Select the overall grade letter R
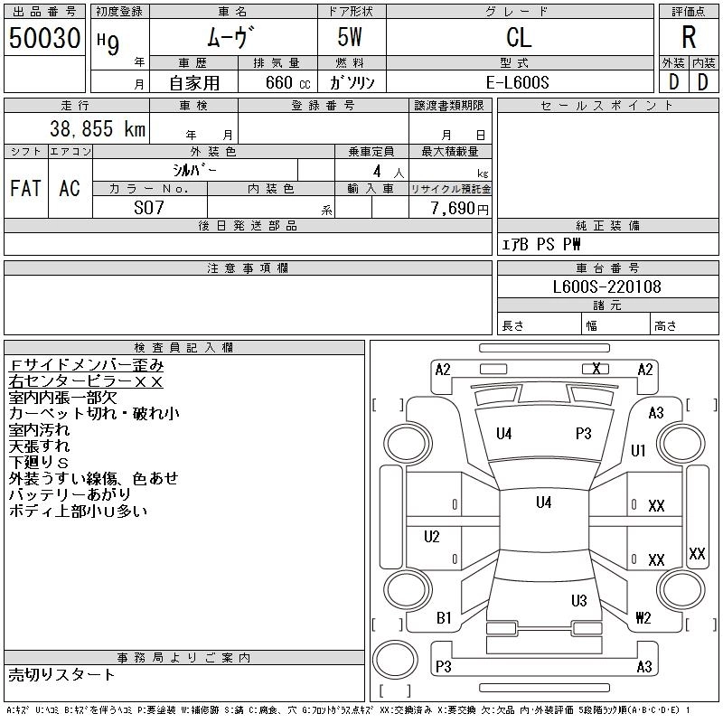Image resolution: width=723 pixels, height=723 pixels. pyautogui.click(x=689, y=38)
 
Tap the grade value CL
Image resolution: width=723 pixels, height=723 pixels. pyautogui.click(x=519, y=38)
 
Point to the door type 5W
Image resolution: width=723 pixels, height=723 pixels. pyautogui.click(x=352, y=38)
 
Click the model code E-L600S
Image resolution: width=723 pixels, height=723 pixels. pyautogui.click(x=519, y=82)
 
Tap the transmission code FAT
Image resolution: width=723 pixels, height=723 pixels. pyautogui.click(x=25, y=188)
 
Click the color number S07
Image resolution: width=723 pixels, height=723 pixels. pyautogui.click(x=149, y=208)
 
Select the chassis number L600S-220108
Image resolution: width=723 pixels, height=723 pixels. pyautogui.click(x=606, y=287)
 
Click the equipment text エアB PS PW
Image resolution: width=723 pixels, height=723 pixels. pyautogui.click(x=541, y=244)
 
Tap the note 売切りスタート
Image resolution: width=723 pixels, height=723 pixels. pyautogui.click(x=62, y=674)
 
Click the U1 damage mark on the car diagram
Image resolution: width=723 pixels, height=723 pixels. pyautogui.click(x=638, y=450)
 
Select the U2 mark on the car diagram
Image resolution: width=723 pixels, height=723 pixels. pyautogui.click(x=432, y=537)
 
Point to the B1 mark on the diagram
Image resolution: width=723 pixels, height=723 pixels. pyautogui.click(x=444, y=618)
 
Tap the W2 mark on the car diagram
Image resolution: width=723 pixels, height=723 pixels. pyautogui.click(x=643, y=618)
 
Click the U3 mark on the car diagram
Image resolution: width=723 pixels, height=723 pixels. pyautogui.click(x=579, y=600)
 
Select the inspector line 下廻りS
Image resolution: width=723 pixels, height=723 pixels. pyautogui.click(x=39, y=462)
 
